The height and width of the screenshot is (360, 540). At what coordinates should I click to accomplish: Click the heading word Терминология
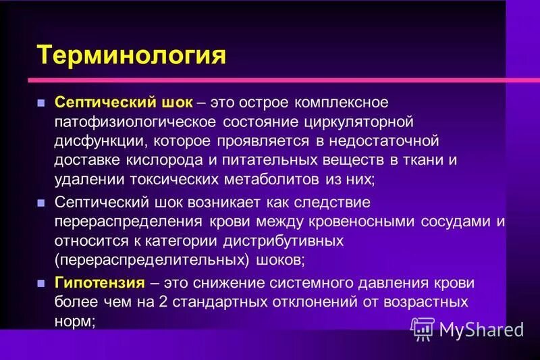(x=131, y=54)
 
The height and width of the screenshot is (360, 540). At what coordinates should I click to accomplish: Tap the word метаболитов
(x=262, y=180)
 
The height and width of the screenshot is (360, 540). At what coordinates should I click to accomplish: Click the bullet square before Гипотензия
(x=40, y=282)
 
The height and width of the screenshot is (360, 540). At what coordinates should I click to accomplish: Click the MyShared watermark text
(x=481, y=329)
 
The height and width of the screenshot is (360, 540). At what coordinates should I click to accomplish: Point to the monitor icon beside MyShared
(x=422, y=328)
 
